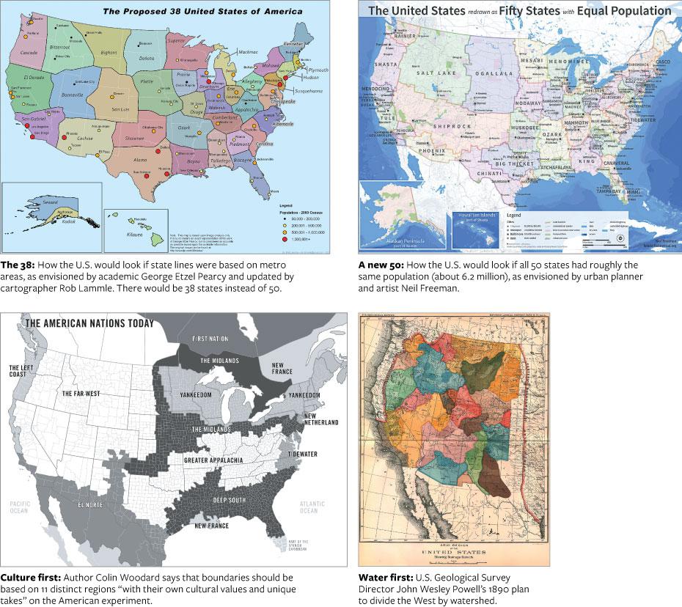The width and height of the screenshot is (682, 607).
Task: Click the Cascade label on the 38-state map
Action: point(29,54)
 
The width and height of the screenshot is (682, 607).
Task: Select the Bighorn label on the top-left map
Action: point(109,53)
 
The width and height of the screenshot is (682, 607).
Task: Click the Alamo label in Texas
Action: point(140,159)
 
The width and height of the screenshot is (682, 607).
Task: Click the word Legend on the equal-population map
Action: point(516,215)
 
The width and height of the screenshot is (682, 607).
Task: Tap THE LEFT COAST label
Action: point(22,370)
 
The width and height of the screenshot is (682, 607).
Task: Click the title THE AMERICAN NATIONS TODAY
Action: point(89,323)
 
